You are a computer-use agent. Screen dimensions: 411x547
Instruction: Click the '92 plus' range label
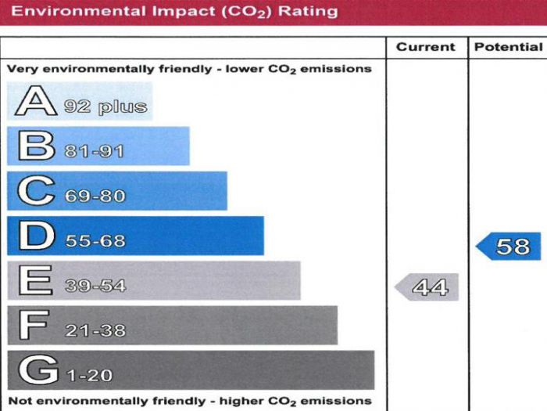point(105,106)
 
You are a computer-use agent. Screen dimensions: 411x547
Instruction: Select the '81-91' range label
point(94,151)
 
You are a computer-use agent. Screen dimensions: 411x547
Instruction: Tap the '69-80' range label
point(95,196)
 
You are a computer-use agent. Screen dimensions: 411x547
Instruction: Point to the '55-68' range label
point(95,241)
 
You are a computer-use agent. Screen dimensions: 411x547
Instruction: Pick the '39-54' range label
point(95,286)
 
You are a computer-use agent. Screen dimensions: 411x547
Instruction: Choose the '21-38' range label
point(95,330)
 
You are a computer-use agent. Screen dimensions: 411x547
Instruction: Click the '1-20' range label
point(88,375)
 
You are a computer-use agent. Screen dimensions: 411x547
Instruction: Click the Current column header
point(425,47)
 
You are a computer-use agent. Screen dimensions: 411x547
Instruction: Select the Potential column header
point(508,47)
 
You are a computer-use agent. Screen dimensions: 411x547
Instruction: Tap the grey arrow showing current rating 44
point(428,287)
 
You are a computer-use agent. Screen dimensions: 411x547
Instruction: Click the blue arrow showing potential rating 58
point(509,247)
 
